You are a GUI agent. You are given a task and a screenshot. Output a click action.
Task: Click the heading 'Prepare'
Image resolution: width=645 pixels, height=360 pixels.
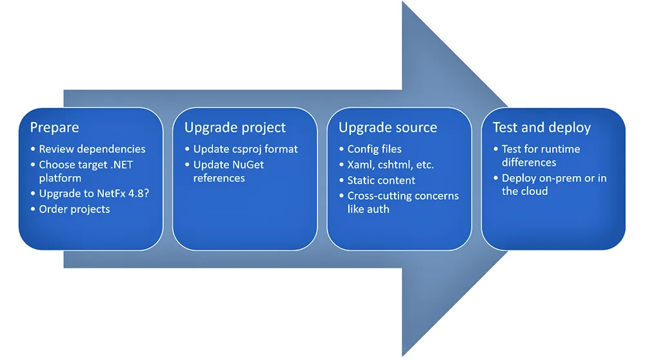54,128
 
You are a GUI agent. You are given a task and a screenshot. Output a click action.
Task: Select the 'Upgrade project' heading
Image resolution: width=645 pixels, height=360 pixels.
235,128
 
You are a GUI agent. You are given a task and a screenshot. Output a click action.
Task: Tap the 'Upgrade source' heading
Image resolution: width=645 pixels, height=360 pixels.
388,128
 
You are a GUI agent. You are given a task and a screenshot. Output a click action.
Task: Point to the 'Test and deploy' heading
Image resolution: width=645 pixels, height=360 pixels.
542,128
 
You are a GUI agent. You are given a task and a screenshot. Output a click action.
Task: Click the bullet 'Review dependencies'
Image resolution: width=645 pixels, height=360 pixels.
92,149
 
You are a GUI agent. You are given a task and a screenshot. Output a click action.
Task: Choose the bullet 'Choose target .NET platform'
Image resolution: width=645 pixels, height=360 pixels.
85,171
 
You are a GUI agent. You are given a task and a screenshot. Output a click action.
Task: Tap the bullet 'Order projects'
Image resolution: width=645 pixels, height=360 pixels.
74,209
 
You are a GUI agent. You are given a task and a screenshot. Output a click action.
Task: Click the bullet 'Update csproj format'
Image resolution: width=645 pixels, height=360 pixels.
245,149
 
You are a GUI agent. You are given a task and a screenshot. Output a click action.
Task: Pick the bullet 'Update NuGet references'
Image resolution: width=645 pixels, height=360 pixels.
228,171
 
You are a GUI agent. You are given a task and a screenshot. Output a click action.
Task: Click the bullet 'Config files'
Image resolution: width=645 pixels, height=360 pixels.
374,149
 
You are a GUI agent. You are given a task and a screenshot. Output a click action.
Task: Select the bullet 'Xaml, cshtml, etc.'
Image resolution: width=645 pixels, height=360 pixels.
390,165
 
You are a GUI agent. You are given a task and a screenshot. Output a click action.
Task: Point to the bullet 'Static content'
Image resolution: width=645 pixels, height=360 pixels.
381,180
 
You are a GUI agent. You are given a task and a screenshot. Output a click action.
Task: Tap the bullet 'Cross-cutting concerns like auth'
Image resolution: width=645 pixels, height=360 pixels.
402,202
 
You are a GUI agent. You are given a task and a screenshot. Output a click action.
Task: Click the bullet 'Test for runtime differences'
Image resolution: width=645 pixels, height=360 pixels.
541,155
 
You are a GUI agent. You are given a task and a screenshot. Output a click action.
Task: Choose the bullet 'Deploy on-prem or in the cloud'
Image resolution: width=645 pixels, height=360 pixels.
553,185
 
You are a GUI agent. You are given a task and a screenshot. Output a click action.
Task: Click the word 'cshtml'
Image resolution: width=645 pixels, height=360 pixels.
397,165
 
